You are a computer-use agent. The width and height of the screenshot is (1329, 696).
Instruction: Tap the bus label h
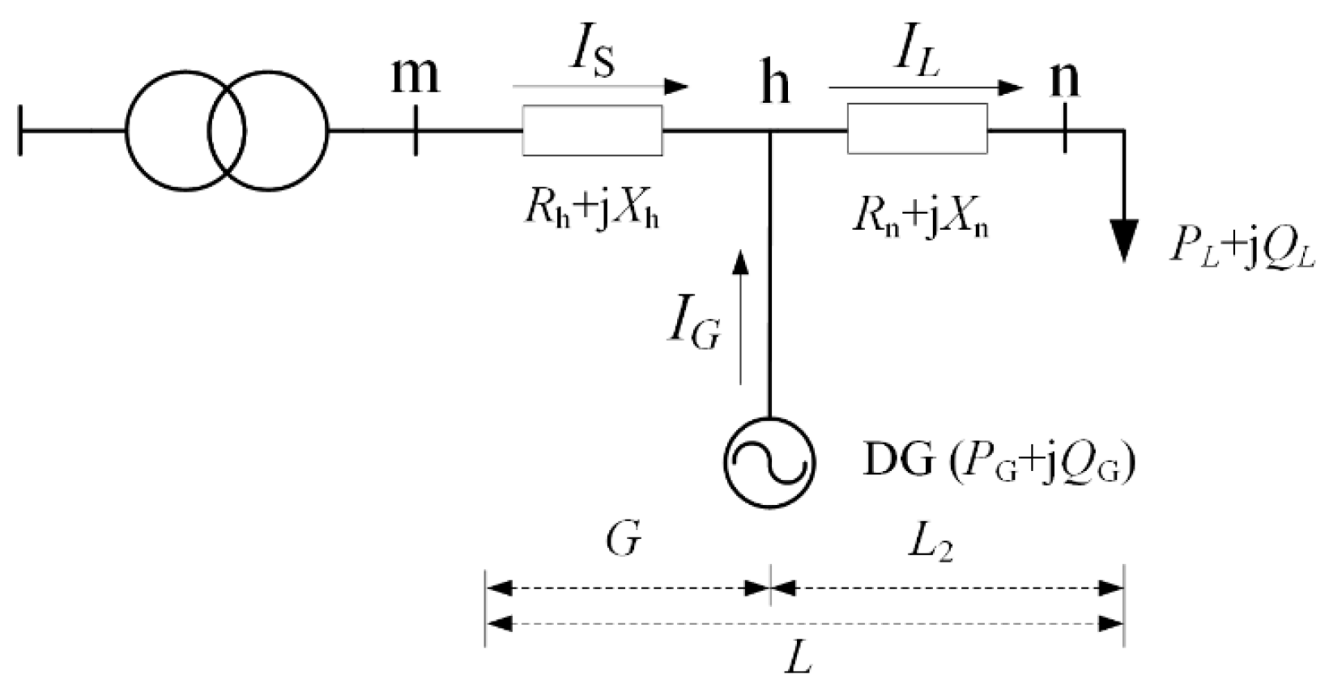tap(775, 83)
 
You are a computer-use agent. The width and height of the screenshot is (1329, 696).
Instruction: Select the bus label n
tap(1064, 79)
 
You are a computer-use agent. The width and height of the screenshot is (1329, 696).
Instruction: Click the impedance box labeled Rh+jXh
tap(592, 129)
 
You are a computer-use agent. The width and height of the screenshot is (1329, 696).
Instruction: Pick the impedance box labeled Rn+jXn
tap(917, 129)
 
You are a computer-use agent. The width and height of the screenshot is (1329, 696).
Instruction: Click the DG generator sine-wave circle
tap(769, 462)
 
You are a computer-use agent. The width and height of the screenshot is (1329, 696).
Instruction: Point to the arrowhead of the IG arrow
tap(739, 261)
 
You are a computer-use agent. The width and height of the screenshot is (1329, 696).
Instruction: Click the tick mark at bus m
tap(415, 130)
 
